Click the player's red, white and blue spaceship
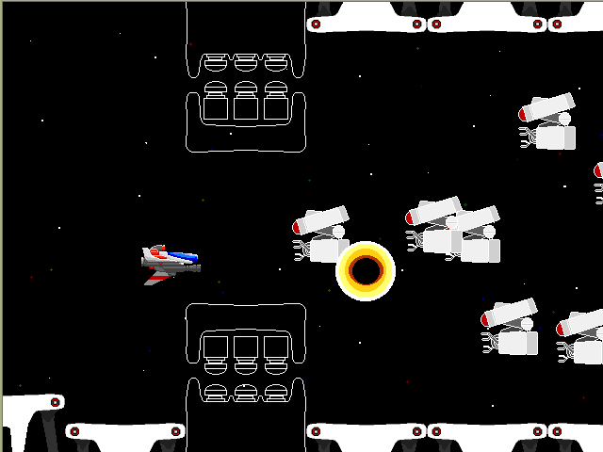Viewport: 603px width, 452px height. click(170, 265)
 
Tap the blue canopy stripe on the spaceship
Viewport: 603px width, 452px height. click(183, 257)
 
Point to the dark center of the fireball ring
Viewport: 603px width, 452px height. click(366, 271)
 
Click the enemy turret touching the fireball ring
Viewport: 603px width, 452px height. click(321, 235)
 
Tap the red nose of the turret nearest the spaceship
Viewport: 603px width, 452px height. click(298, 227)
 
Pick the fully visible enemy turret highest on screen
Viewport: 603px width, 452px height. click(547, 123)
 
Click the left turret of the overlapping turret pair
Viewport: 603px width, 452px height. click(432, 227)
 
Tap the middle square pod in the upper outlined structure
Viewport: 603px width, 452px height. click(245, 107)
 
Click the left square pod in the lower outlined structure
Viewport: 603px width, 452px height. click(216, 347)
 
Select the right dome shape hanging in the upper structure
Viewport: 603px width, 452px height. click(275, 62)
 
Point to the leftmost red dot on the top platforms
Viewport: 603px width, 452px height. click(316, 24)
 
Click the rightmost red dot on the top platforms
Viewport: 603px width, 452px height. click(556, 24)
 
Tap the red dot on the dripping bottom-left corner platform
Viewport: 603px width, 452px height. click(56, 402)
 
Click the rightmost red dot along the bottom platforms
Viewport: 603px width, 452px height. click(556, 431)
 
